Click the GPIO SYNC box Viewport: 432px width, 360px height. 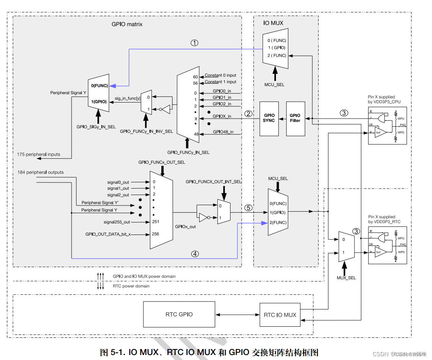pyautogui.click(x=269, y=118)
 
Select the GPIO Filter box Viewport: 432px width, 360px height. pyautogui.click(x=295, y=118)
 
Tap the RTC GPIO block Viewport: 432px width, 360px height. pyautogui.click(x=179, y=314)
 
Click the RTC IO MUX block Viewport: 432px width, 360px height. pyautogui.click(x=280, y=315)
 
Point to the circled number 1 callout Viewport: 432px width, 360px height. pyautogui.click(x=195, y=43)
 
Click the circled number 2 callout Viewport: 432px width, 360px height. pyautogui.click(x=248, y=113)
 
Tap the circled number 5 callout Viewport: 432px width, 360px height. pyautogui.click(x=248, y=208)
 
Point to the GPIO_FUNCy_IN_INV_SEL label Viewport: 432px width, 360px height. pyautogui.click(x=146, y=131)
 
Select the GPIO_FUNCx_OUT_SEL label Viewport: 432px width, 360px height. pyautogui.click(x=162, y=162)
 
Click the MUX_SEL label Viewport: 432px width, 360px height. pyautogui.click(x=346, y=278)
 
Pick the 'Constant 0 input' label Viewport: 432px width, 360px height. pyautogui.click(x=220, y=75)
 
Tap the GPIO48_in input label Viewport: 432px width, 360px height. pyautogui.click(x=223, y=132)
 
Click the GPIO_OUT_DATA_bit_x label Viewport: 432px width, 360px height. pyautogui.click(x=108, y=234)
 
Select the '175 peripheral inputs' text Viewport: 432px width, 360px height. pyautogui.click(x=38, y=154)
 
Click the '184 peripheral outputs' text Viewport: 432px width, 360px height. pyautogui.click(x=41, y=172)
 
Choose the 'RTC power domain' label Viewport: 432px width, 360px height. pyautogui.click(x=131, y=286)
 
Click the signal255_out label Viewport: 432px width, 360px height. pyautogui.click(x=116, y=222)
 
